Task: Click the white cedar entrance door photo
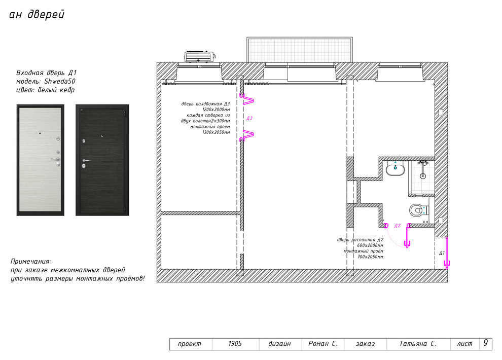click(x=41, y=160)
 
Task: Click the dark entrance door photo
click(x=102, y=160)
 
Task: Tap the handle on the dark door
click(x=86, y=160)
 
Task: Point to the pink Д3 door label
click(x=249, y=118)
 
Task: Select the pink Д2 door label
click(x=398, y=226)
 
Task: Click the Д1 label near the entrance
click(x=442, y=253)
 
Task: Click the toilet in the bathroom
click(x=419, y=210)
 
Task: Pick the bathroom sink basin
click(x=396, y=169)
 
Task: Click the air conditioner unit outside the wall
click(x=200, y=57)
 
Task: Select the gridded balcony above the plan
click(x=300, y=50)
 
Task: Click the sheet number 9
click(x=486, y=343)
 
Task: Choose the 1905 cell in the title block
click(x=235, y=344)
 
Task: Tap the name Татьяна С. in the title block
click(x=418, y=344)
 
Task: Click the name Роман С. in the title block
click(x=322, y=344)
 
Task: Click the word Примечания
click(x=31, y=262)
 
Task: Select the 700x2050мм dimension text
click(x=370, y=257)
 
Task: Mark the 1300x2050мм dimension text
click(x=216, y=132)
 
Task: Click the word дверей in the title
click(x=46, y=15)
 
